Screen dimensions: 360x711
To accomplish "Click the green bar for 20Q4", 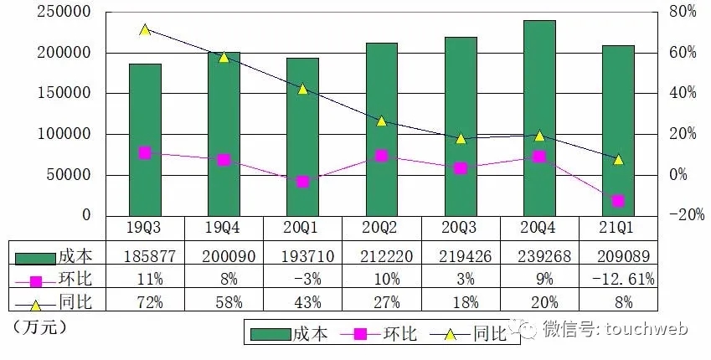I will (x=539, y=117).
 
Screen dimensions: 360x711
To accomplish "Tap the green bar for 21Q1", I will (x=618, y=130).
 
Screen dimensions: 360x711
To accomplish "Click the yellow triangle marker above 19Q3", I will (x=145, y=29).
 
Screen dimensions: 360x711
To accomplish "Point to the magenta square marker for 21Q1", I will (x=618, y=201).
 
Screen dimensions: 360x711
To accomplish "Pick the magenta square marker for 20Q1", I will (x=302, y=182).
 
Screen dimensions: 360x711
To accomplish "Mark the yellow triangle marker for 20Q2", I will (x=382, y=121).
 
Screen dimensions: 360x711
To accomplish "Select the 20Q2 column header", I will (x=382, y=228).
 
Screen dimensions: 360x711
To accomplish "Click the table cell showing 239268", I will (x=539, y=252).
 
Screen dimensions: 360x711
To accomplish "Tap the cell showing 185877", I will (x=145, y=252).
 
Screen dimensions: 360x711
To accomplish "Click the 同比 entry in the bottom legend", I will (x=490, y=334).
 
